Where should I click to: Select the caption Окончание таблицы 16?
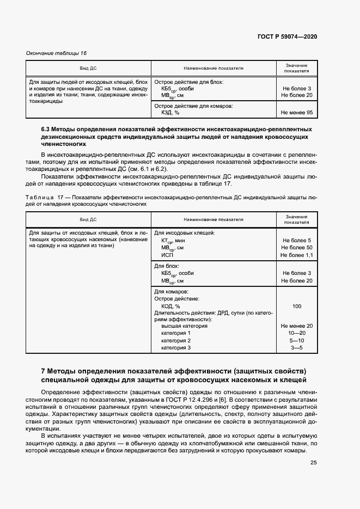click(57, 53)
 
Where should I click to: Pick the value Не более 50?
click(296, 248)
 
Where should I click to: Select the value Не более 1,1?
click(296, 255)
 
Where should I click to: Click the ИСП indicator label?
click(167, 255)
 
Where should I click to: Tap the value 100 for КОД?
click(296, 306)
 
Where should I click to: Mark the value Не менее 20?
click(296, 326)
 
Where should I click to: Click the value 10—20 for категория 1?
click(296, 333)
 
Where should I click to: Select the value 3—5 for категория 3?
click(296, 348)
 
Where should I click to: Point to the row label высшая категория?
click(184, 326)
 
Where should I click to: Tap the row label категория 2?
click(176, 341)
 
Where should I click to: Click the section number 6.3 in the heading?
click(46, 129)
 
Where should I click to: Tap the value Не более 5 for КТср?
click(296, 240)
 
